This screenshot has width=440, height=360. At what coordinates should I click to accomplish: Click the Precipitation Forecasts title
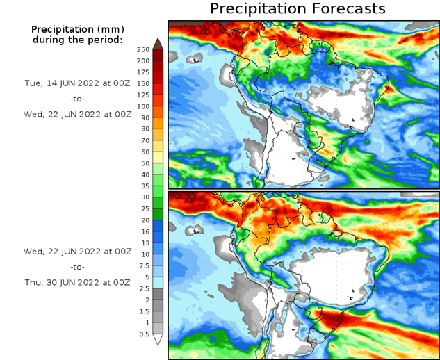[298, 9]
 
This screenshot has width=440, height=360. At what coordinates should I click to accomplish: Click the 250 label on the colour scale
[142, 49]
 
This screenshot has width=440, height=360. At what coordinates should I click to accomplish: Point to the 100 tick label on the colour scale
[142, 106]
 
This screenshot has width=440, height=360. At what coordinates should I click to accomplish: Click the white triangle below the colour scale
[157, 339]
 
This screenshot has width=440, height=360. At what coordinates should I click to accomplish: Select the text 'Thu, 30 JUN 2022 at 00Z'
[77, 283]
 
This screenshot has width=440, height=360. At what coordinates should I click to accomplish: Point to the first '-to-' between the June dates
[77, 98]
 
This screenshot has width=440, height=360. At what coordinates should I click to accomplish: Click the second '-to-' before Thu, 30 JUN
[77, 266]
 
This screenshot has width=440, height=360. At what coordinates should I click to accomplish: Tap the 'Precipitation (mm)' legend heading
[77, 29]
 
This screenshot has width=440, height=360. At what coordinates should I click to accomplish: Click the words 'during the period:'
[77, 40]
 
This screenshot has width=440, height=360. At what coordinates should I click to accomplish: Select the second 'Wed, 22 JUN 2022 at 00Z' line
[77, 249]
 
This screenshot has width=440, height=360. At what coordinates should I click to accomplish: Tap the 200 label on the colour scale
[142, 61]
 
